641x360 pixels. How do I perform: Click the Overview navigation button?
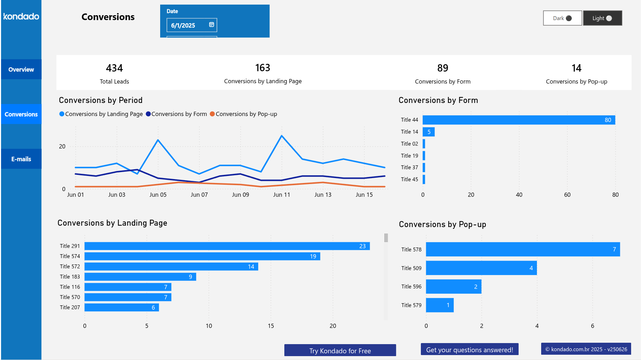(21, 69)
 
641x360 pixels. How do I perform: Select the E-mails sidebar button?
(21, 159)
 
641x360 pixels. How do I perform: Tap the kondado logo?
(21, 16)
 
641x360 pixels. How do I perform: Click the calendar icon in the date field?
(211, 25)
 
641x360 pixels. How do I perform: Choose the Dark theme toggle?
(562, 18)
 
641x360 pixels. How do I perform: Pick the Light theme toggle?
(602, 18)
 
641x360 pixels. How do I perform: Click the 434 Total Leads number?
(114, 68)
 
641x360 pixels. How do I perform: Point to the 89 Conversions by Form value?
(442, 68)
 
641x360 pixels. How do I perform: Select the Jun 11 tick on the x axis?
(282, 195)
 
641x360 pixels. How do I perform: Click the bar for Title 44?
(519, 120)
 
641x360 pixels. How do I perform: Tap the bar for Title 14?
(428, 132)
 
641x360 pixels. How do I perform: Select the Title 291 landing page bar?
(227, 246)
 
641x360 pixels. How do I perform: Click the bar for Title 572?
(171, 267)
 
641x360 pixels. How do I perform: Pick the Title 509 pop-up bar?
(481, 268)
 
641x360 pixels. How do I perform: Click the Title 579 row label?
(411, 305)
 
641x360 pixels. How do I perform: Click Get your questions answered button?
(469, 349)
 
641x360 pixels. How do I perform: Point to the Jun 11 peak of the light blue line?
(282, 136)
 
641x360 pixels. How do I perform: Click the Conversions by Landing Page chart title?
(112, 223)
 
